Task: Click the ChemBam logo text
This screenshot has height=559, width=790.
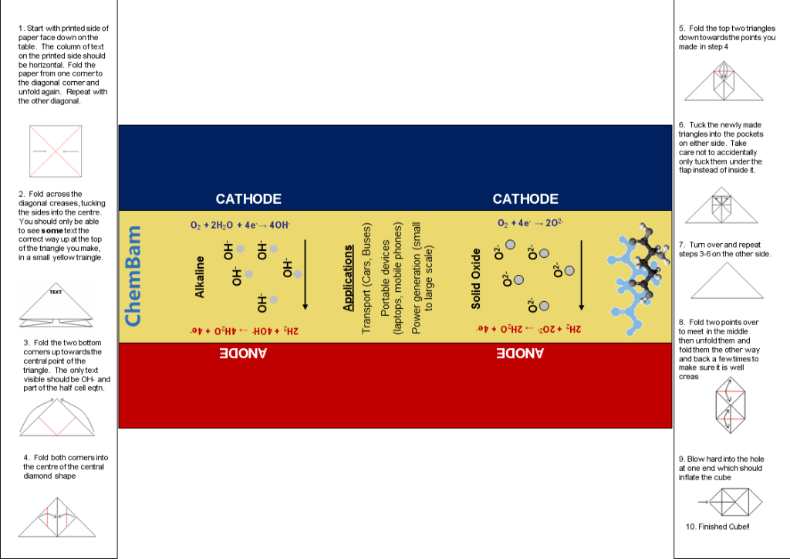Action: click(133, 276)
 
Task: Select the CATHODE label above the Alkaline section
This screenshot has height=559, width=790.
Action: click(248, 199)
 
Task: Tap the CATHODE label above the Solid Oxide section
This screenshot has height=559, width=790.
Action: click(525, 199)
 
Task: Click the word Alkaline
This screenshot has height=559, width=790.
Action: click(200, 276)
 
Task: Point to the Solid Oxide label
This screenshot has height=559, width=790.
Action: click(476, 279)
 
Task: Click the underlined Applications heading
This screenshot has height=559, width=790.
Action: click(348, 279)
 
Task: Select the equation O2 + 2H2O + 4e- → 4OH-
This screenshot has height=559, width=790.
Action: click(241, 225)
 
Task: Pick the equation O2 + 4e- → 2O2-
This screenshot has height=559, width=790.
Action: click(530, 224)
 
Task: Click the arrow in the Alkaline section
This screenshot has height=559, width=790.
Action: click(306, 274)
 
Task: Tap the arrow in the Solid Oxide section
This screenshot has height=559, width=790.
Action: click(580, 274)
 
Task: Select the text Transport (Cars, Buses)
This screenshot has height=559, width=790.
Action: click(366, 279)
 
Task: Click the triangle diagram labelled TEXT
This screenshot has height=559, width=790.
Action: click(56, 303)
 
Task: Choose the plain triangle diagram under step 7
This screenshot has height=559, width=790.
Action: click(727, 280)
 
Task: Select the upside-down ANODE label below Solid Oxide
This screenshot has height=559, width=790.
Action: click(521, 354)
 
